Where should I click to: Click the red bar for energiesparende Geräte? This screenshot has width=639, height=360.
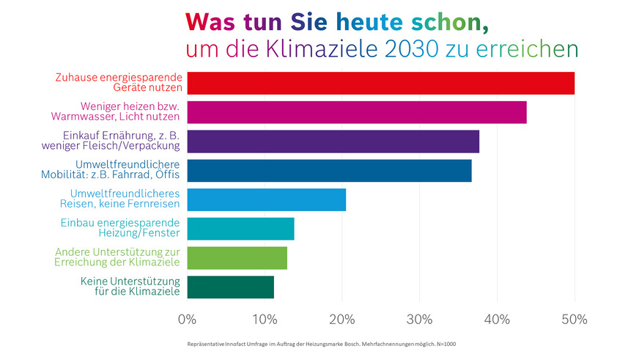click(x=380, y=83)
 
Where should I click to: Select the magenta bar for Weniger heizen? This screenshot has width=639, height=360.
click(x=356, y=112)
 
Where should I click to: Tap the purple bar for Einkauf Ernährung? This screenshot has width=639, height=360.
click(x=333, y=142)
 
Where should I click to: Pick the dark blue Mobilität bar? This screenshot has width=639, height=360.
click(x=329, y=170)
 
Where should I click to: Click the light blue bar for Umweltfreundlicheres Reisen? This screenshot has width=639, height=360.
click(x=266, y=199)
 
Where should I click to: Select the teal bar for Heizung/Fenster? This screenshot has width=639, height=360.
click(x=240, y=229)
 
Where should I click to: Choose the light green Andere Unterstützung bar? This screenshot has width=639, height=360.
click(x=237, y=258)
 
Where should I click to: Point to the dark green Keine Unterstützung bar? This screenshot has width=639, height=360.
click(x=230, y=287)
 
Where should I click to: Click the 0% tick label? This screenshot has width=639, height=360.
click(x=188, y=320)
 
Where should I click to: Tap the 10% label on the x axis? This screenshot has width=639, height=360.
click(x=265, y=320)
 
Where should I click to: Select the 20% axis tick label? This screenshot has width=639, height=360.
click(x=342, y=320)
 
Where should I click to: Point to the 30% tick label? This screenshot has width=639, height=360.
click(x=419, y=320)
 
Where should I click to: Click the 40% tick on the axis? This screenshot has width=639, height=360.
click(x=497, y=320)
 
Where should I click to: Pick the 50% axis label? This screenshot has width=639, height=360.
click(x=575, y=320)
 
